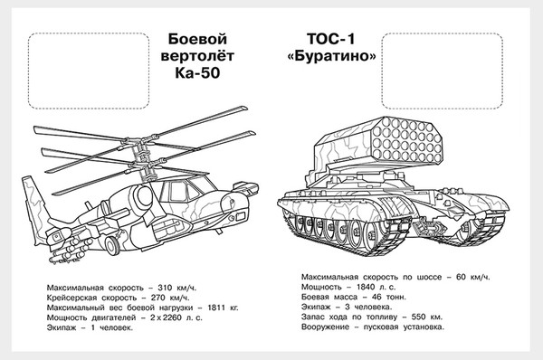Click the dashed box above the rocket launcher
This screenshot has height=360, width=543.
click(x=441, y=65)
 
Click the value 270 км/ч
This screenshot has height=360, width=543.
click(x=165, y=296)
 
